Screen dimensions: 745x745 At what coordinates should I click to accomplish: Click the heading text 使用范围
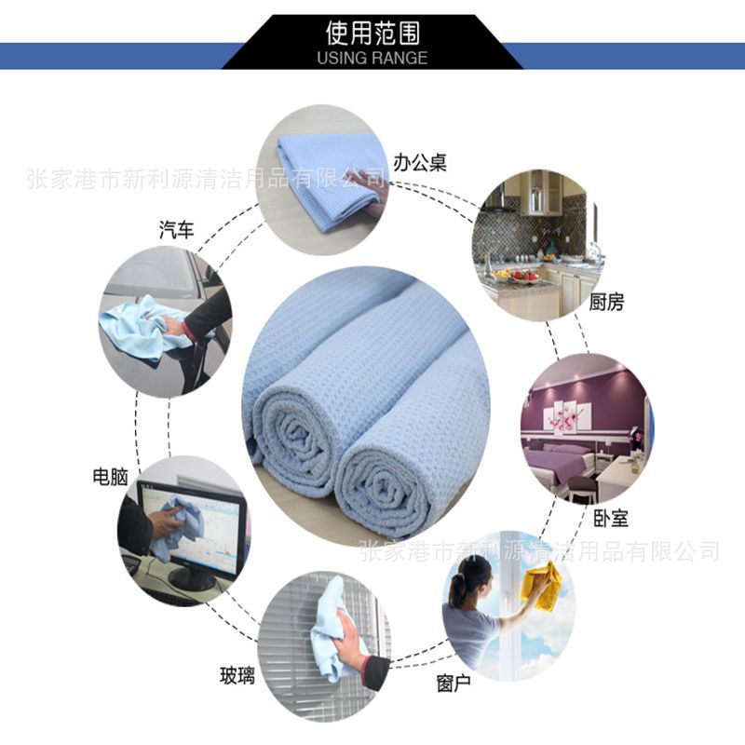point(373,33)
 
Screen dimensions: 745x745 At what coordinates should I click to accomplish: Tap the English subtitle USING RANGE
point(372,58)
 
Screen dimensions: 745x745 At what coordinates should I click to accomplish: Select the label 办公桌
point(420,163)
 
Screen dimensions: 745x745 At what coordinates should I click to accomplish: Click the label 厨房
point(606,302)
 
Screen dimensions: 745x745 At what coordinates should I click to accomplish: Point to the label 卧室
point(611,519)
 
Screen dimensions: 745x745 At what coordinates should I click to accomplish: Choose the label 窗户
point(454,684)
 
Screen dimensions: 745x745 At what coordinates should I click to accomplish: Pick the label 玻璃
point(237,675)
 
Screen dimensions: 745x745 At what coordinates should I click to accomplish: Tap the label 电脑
point(110,477)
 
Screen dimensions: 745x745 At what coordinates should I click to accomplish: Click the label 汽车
point(177,230)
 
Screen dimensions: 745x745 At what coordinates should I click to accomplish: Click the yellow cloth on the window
point(542,587)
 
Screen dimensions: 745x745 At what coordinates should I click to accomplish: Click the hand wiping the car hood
point(173,325)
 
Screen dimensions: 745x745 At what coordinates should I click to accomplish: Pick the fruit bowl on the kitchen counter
point(524,276)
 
